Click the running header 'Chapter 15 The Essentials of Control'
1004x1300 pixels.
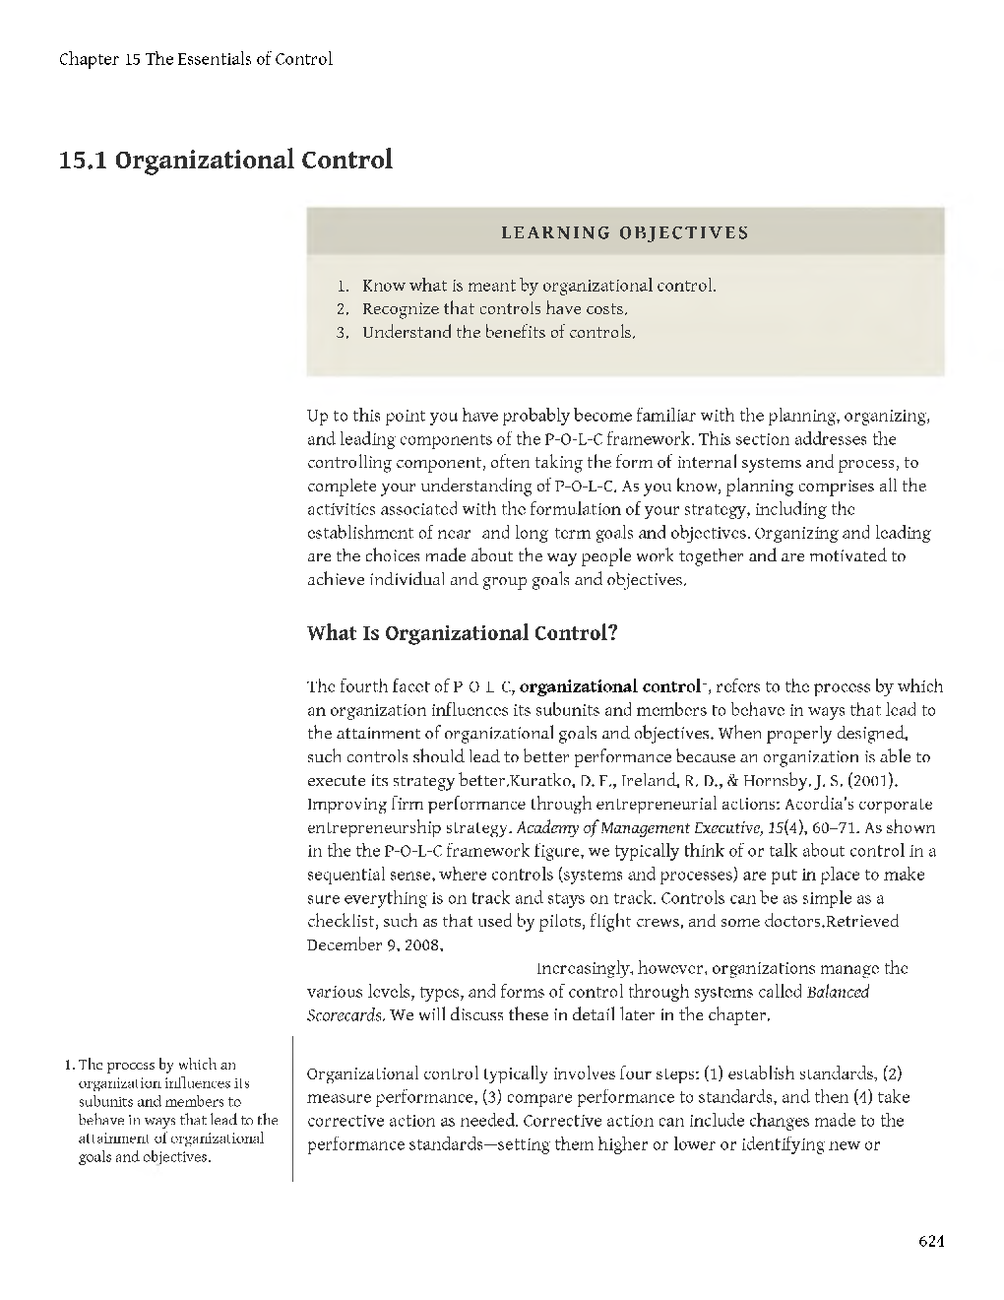196,59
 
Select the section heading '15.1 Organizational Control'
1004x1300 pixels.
225,160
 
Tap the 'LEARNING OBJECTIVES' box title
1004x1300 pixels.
625,233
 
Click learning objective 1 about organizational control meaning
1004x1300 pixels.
538,286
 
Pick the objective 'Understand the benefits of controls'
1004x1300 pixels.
498,333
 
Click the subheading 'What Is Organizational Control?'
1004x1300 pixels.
463,632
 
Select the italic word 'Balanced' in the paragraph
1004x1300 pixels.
838,992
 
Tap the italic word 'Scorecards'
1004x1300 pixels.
345,1015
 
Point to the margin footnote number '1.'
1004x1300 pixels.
68,1065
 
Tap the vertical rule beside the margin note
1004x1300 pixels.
293,1108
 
